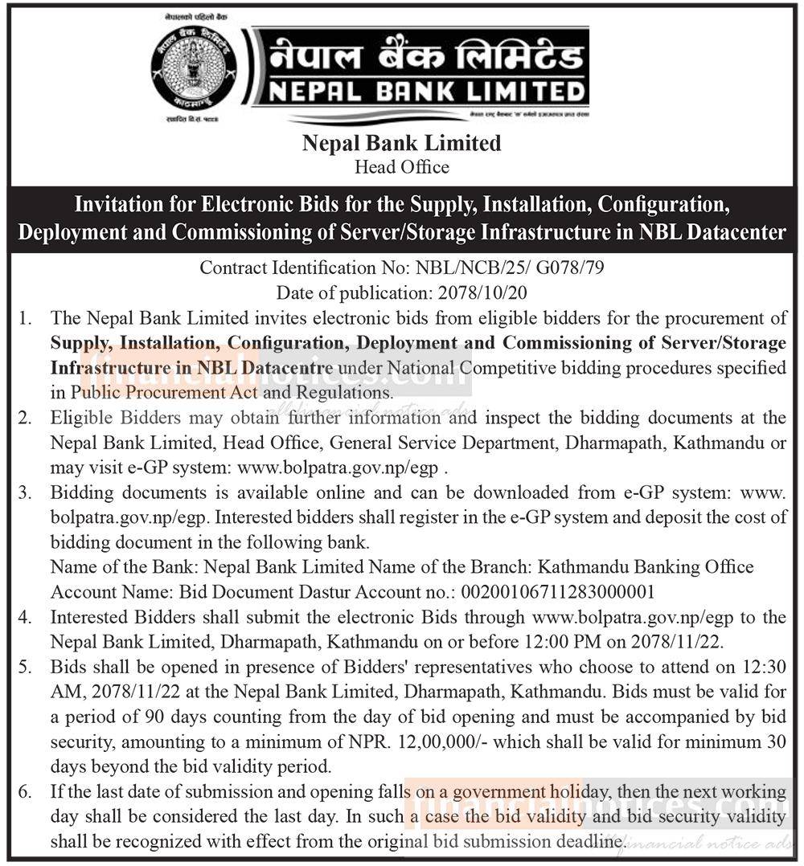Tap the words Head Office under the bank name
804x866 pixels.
(402, 167)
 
